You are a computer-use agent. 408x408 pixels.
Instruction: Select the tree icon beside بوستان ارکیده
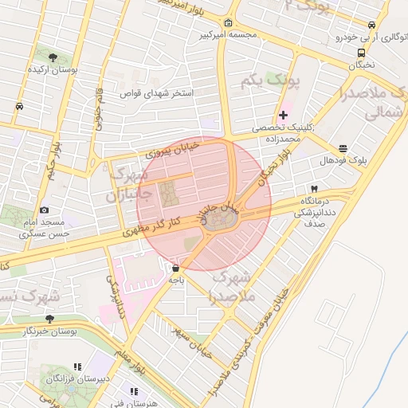click(53, 57)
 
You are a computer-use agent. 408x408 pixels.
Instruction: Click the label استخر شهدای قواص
click(156, 93)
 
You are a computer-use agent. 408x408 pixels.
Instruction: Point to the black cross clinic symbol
click(283, 116)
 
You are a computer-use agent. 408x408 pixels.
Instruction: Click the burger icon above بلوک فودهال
click(343, 148)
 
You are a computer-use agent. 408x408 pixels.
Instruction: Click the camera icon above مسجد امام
click(44, 209)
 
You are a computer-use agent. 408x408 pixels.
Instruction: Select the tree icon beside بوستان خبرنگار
click(49, 318)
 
